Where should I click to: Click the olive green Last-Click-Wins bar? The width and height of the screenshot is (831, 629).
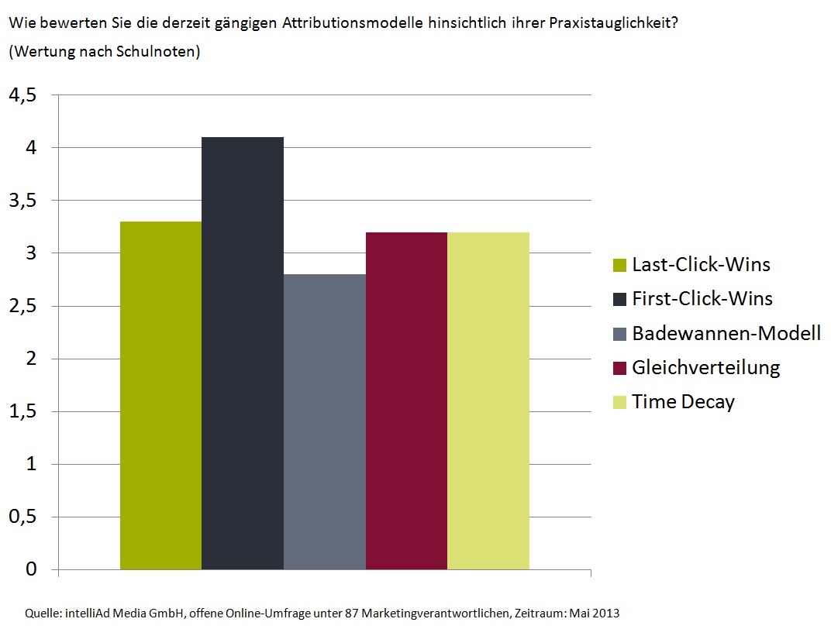tap(160, 395)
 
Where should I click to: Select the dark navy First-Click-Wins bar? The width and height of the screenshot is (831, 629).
tap(243, 353)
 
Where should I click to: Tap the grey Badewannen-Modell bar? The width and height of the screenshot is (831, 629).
tap(324, 421)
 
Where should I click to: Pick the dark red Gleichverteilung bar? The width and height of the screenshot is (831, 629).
tap(406, 400)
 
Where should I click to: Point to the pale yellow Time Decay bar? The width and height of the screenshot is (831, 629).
tap(488, 400)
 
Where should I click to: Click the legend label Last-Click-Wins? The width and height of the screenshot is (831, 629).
tap(701, 264)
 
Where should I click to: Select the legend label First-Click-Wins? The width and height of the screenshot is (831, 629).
tap(702, 298)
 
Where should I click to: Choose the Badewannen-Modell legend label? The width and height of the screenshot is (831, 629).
tap(726, 333)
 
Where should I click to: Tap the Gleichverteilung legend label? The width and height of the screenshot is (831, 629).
tap(705, 367)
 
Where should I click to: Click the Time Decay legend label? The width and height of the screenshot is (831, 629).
tap(683, 401)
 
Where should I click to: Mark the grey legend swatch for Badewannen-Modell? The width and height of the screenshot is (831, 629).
tap(619, 335)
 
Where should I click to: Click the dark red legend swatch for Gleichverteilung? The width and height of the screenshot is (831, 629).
tap(619, 369)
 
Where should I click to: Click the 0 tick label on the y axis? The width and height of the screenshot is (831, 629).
tap(31, 569)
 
